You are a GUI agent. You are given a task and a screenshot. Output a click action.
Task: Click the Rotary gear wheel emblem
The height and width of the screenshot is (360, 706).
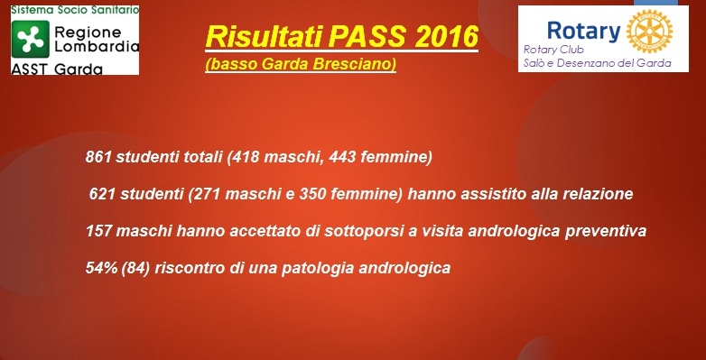point(651,32)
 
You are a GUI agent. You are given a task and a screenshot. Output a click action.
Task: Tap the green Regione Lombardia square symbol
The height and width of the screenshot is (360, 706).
point(28,37)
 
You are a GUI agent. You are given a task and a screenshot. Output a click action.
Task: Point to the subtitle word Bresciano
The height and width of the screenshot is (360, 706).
point(354,66)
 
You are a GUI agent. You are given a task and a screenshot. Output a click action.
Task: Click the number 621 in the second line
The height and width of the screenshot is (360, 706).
point(102,194)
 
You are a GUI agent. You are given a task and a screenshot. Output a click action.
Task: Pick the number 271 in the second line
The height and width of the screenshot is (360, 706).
point(224,194)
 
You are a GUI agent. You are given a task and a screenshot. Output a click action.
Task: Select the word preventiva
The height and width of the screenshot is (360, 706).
point(606,231)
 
